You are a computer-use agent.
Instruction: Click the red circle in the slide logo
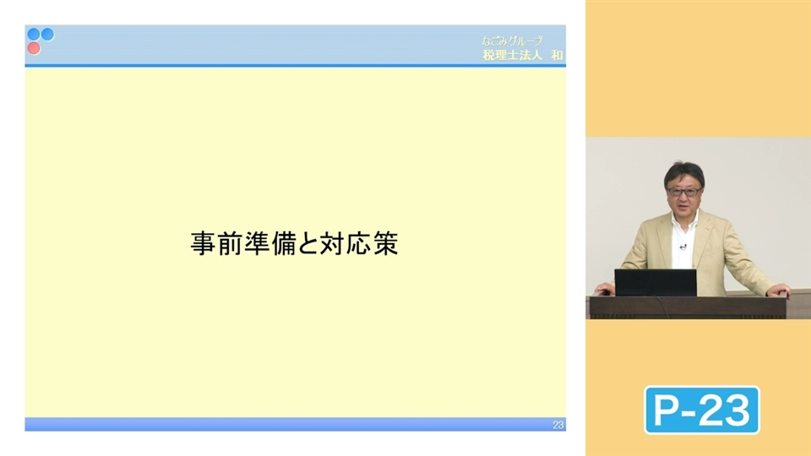pyautogui.click(x=34, y=48)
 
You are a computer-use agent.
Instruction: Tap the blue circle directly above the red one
pyautogui.click(x=34, y=35)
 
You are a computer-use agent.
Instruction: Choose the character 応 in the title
pyautogui.click(x=359, y=244)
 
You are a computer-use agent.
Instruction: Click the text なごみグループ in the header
pyautogui.click(x=512, y=41)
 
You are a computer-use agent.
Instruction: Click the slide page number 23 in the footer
pyautogui.click(x=558, y=425)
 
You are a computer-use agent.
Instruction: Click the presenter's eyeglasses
pyautogui.click(x=681, y=192)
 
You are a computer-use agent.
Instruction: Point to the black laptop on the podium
pyautogui.click(x=655, y=282)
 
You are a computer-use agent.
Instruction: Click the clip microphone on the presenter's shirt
pyautogui.click(x=683, y=247)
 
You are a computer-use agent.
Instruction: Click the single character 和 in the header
pyautogui.click(x=556, y=56)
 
